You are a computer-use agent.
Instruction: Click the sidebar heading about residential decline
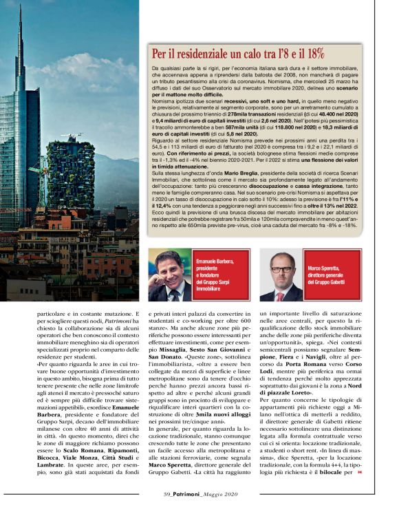pos(238,54)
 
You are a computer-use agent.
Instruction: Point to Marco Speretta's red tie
pos(280,295)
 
